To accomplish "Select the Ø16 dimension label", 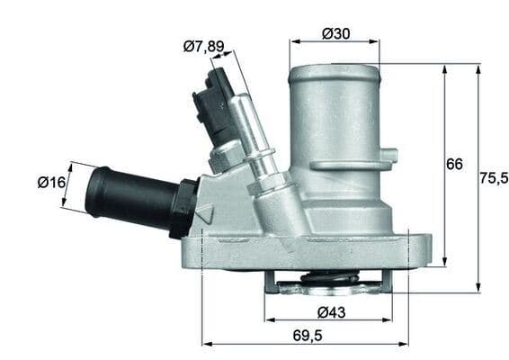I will pyautogui.click(x=52, y=183).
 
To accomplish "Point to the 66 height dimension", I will pyautogui.click(x=454, y=164).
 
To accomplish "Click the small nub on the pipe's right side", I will pyautogui.click(x=390, y=155).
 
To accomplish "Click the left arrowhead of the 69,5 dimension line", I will pyautogui.click(x=206, y=344).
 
